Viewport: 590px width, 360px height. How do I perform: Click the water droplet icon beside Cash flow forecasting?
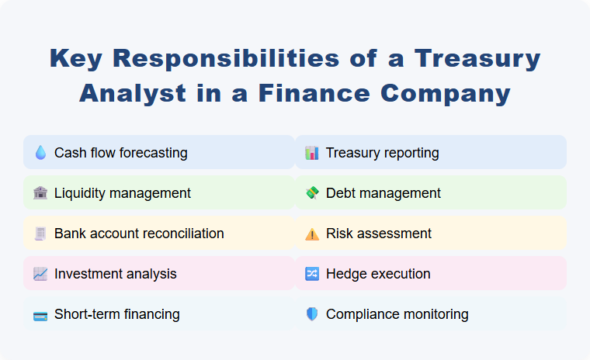pos(40,153)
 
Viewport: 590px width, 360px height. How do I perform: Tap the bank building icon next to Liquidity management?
pos(40,193)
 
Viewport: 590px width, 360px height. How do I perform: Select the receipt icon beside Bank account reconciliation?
pos(40,234)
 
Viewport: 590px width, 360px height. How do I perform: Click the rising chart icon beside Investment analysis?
pos(40,274)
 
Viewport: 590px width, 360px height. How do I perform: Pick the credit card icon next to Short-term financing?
pos(40,314)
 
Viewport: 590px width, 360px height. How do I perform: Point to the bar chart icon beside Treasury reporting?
pos(312,153)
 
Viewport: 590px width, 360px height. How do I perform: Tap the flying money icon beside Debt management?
pos(312,193)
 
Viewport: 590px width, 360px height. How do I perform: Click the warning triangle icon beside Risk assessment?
pos(312,234)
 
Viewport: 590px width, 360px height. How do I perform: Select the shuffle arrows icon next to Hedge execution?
pos(312,274)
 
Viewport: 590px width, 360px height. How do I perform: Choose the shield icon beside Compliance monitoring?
pos(312,314)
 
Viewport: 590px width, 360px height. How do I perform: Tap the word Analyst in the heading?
pos(133,93)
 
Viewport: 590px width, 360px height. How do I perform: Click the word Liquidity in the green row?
pos(80,193)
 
